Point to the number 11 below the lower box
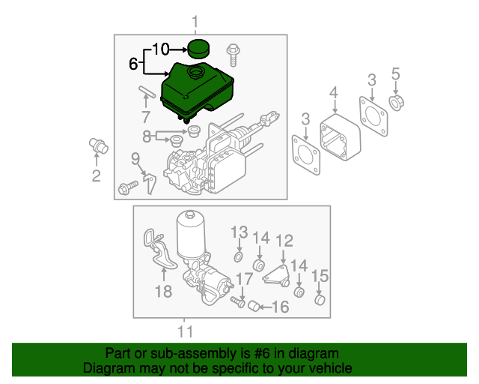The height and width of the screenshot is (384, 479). [x=185, y=331]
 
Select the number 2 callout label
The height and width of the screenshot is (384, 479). [x=96, y=177]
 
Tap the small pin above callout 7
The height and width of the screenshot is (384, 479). [x=145, y=95]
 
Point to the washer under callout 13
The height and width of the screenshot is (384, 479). [x=238, y=257]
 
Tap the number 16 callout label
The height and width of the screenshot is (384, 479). [x=280, y=307]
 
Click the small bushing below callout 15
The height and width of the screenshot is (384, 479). [x=320, y=301]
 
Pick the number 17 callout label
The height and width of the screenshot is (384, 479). [x=245, y=280]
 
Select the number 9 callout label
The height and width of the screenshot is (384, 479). [x=136, y=158]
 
